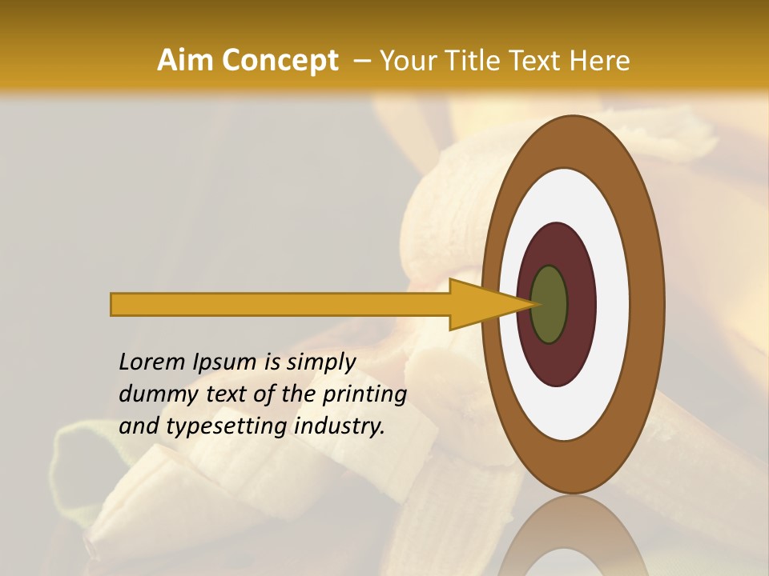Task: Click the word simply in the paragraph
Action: tap(320, 362)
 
